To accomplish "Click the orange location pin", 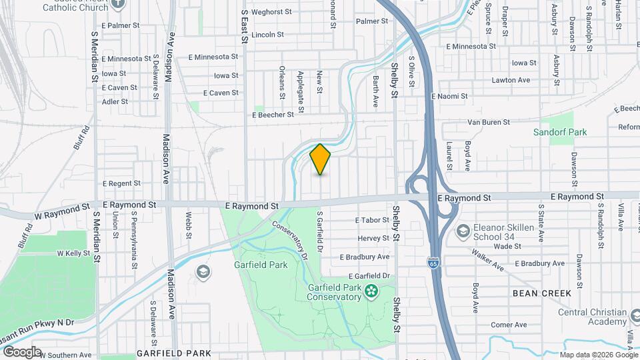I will (321, 159).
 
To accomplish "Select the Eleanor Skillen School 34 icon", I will (463, 231).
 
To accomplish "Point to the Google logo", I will (21, 351).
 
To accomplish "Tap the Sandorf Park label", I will (560, 132).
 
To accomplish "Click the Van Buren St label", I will (488, 122).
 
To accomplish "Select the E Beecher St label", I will (273, 115).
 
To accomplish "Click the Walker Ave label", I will (487, 261).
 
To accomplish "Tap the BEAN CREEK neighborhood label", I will (541, 293).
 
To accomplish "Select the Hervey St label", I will (373, 238).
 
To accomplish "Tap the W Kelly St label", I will (73, 253).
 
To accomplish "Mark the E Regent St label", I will (120, 183).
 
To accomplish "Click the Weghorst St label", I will (271, 12).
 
